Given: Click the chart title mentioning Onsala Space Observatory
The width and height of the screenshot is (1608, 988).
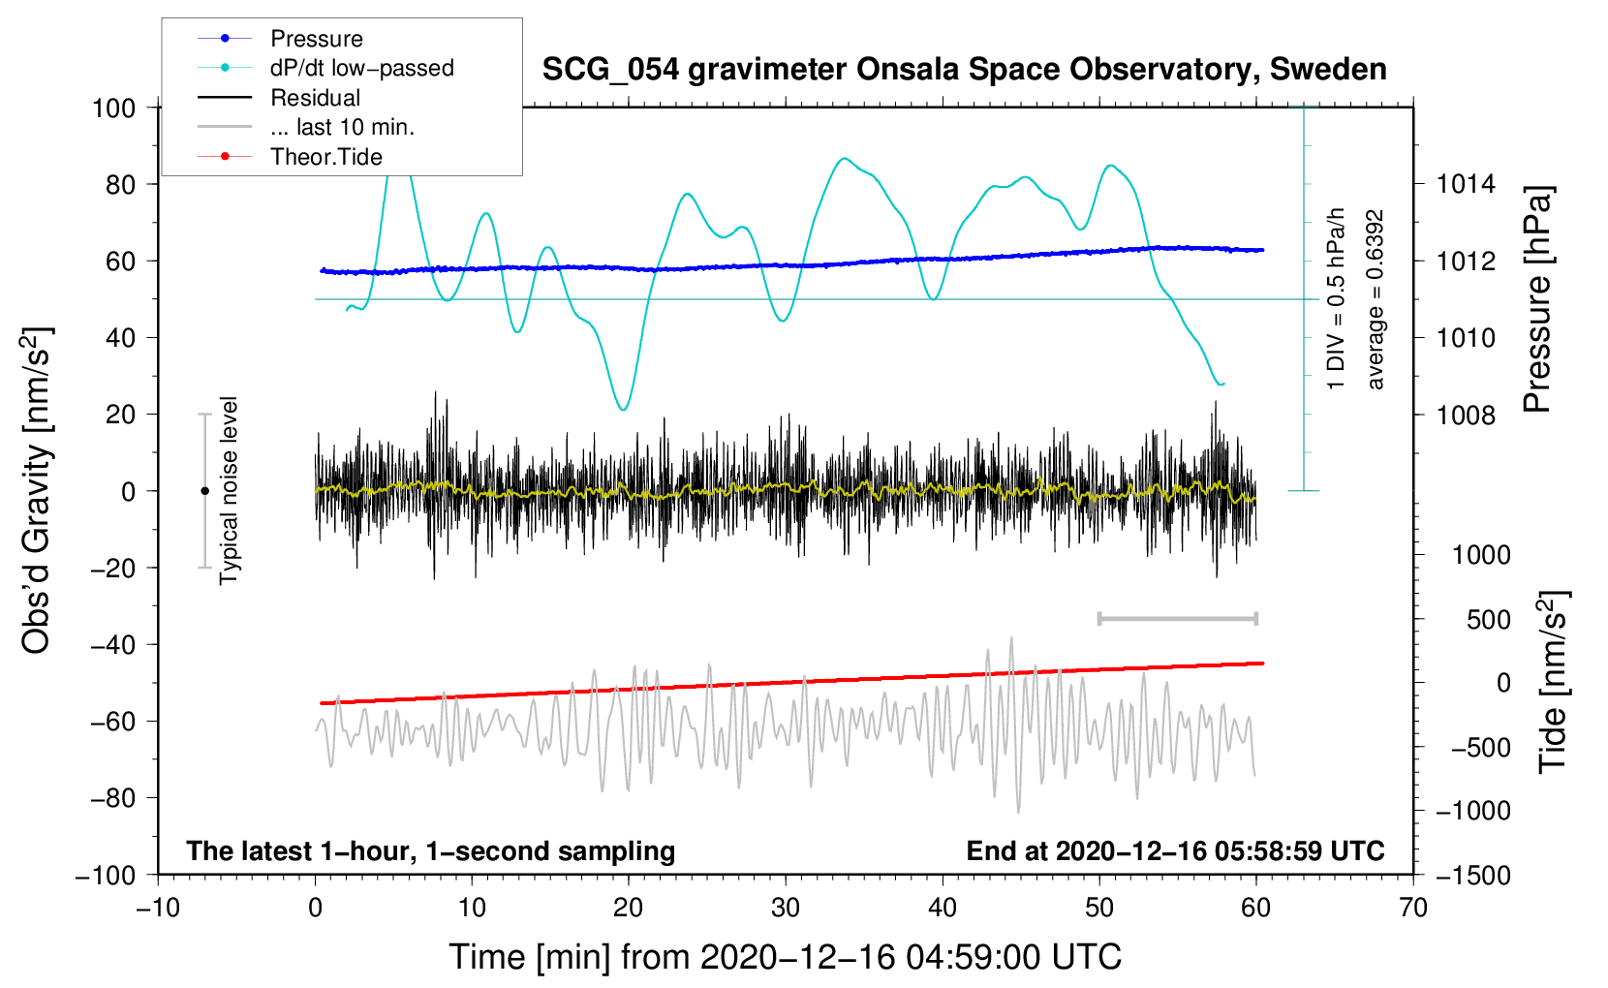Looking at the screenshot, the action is [x=964, y=70].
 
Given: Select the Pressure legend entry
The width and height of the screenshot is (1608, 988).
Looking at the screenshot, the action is [x=281, y=38].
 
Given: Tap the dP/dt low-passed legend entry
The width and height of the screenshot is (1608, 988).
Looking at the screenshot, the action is [x=325, y=68].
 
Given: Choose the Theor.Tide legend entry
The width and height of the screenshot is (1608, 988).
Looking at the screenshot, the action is [x=290, y=157].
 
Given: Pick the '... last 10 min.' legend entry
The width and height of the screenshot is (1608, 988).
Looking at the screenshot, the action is [x=306, y=127].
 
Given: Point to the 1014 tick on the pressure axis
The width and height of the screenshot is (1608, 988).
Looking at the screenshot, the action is [x=1466, y=185].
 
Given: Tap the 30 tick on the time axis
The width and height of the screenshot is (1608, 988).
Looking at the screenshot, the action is [x=786, y=908].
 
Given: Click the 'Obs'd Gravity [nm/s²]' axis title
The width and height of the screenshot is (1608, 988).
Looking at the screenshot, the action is [x=36, y=490].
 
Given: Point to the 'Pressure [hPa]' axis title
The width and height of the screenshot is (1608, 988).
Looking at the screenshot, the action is [x=1537, y=299].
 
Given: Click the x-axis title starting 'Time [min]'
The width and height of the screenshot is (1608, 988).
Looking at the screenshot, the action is [x=786, y=957].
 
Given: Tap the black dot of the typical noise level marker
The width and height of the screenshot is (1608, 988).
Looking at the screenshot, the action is [x=204, y=491].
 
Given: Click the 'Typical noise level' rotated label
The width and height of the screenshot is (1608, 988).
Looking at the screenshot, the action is [x=228, y=490].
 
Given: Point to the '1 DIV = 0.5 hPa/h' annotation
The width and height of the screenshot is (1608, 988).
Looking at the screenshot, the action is [x=1336, y=299].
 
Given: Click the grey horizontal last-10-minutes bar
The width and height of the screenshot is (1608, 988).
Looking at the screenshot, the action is [x=1178, y=619].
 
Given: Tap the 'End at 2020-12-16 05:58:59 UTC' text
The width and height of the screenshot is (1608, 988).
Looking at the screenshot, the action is [x=1175, y=850].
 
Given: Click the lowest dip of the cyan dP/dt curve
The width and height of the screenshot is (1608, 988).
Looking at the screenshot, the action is [x=623, y=410].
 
